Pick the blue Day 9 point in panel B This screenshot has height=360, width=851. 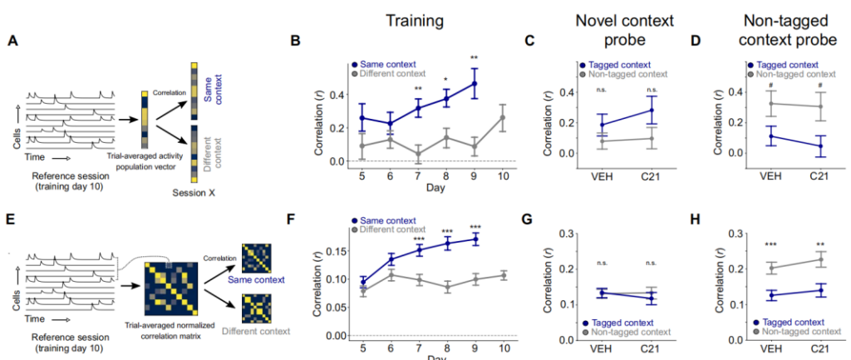pos(475,83)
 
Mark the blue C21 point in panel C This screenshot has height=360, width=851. pos(649,110)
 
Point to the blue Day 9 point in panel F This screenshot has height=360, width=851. pos(475,239)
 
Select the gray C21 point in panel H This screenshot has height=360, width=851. pos(821,259)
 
